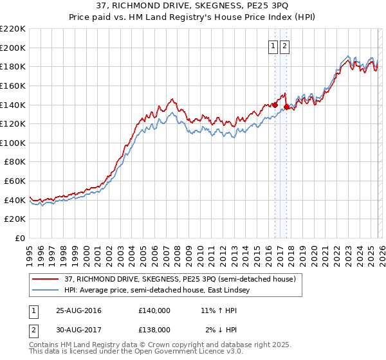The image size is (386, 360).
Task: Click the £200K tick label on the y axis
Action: pyautogui.click(x=13, y=48)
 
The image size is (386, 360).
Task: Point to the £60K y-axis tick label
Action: pyautogui.click(x=15, y=181)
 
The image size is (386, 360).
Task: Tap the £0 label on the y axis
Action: pyautogui.click(x=20, y=239)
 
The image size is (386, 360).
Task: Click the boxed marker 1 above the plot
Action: pyautogui.click(x=273, y=46)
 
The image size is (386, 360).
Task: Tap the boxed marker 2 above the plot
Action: pyautogui.click(x=284, y=46)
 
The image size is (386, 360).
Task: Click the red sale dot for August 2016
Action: pyautogui.click(x=275, y=105)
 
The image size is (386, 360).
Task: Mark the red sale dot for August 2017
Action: pyautogui.click(x=286, y=107)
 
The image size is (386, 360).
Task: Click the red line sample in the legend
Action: pyautogui.click(x=45, y=280)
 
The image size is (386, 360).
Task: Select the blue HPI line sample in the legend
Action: pyautogui.click(x=45, y=291)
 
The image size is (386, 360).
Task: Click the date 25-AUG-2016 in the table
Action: pyautogui.click(x=78, y=310)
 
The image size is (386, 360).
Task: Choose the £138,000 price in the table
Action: pyautogui.click(x=154, y=329)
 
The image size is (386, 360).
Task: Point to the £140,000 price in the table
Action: pyautogui.click(x=154, y=310)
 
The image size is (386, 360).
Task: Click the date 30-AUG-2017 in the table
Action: pyautogui.click(x=78, y=329)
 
